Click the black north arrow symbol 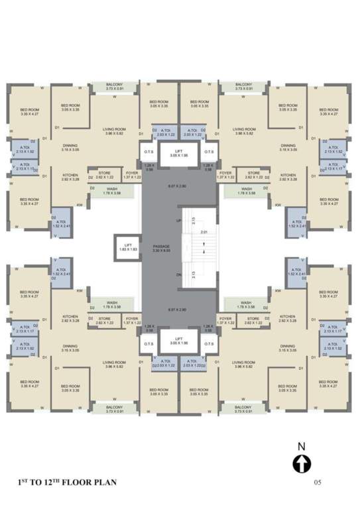coord(302,464)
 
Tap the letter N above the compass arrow coord(302,446)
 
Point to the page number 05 coord(318,483)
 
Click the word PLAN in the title coord(105,482)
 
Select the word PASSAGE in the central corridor coord(161,245)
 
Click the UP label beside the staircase coord(178,219)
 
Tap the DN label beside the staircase coord(178,274)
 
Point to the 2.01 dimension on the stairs coord(205,232)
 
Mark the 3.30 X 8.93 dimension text coord(161,251)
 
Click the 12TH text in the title coord(51,482)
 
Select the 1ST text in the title coord(23,482)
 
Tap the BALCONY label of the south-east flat coord(243,407)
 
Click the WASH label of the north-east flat coord(245,189)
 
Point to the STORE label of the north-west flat coord(105,173)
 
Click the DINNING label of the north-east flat coord(287,145)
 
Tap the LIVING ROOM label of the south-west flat coord(114,363)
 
